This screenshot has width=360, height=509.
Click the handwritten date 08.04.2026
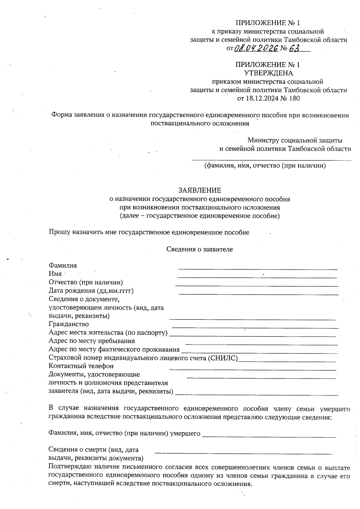pos(256,48)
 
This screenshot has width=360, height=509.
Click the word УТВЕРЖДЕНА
pos(268,73)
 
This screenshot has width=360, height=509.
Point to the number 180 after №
pos(294,98)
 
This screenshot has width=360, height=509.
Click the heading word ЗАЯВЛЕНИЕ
pos(199,190)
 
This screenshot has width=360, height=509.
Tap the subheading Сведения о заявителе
pos(199,249)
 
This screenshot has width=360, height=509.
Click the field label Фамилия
pos(63,265)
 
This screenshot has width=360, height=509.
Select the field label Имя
pos(55,274)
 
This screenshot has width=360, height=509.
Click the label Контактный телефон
pos(81,366)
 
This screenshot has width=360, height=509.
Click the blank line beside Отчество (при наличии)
pos(256,286)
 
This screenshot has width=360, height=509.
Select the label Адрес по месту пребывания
pos(91,341)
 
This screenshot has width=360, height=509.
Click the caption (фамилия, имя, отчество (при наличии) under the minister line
pos(265,166)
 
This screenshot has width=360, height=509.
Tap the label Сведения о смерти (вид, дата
pos(93,450)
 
